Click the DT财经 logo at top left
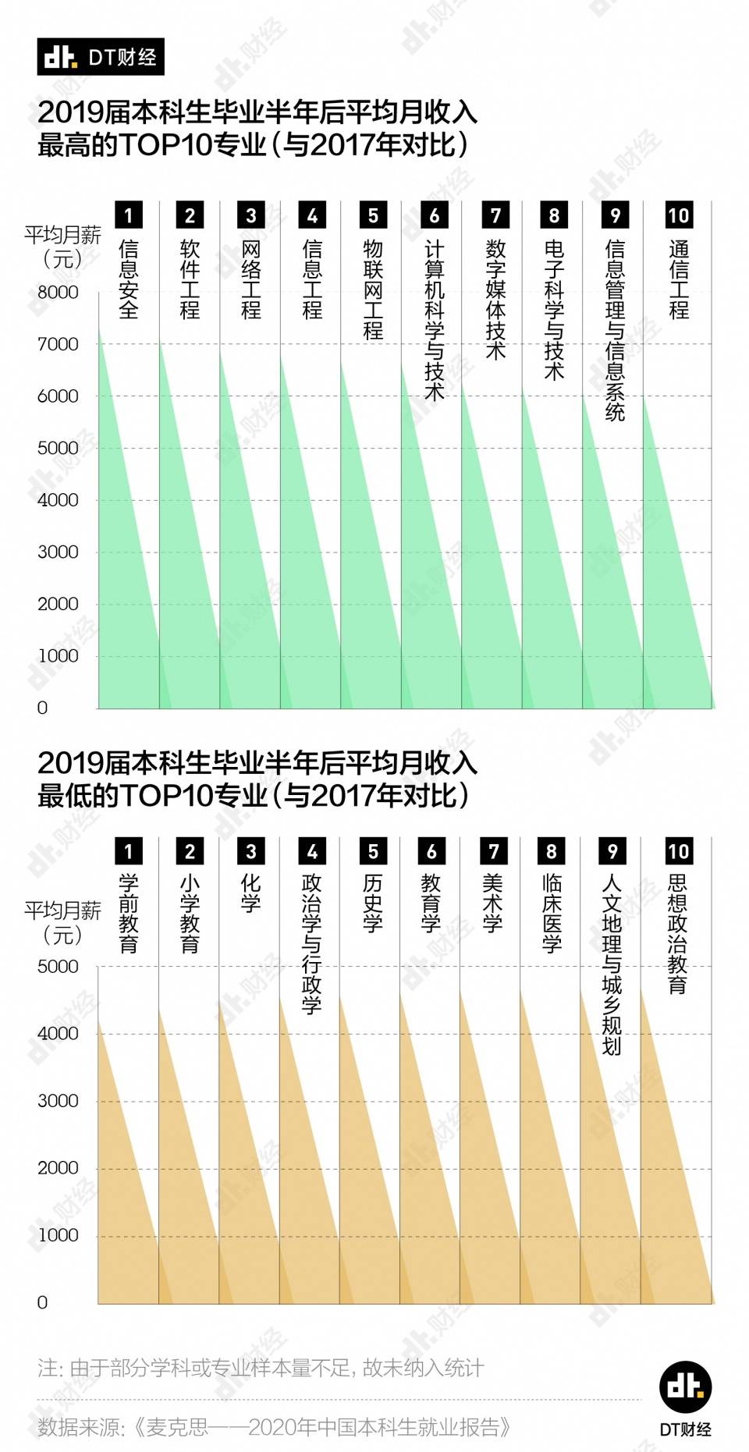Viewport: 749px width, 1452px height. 101,57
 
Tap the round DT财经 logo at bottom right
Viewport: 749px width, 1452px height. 685,1387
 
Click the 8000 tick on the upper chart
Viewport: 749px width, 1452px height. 58,293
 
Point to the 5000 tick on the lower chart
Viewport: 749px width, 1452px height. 58,967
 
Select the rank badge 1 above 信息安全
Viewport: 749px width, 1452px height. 129,215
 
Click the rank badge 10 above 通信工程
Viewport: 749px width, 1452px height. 678,215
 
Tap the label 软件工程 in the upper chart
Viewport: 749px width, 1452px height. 190,279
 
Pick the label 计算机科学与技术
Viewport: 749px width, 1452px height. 434,320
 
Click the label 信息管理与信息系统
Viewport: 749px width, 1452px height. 615,330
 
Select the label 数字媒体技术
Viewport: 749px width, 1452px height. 495,300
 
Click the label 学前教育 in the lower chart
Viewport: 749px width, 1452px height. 129,913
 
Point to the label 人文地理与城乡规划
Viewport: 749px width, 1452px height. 612,964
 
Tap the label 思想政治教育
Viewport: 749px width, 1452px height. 677,934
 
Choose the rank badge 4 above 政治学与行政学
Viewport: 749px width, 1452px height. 312,851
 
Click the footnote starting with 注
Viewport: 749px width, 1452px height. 261,1368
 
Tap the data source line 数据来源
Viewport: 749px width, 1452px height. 275,1427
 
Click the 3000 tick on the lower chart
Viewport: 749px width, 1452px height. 58,1101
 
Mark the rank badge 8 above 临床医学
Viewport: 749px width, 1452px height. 552,851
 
